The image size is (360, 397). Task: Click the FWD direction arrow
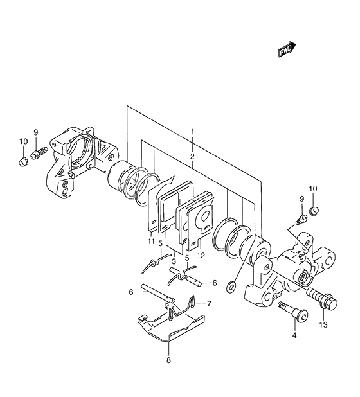pos(287,49)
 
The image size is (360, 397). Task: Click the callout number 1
pos(193,132)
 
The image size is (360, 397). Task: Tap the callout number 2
pos(193,156)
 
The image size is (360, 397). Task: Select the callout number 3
pos(174,261)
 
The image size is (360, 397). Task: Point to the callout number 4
pos(294,335)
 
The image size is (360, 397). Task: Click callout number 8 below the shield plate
pos(168,360)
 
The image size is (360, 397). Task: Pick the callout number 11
pos(151,242)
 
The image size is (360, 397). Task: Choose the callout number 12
pos(201,256)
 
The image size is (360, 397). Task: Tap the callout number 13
pos(323,324)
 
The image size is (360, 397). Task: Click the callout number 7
pos(209,303)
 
